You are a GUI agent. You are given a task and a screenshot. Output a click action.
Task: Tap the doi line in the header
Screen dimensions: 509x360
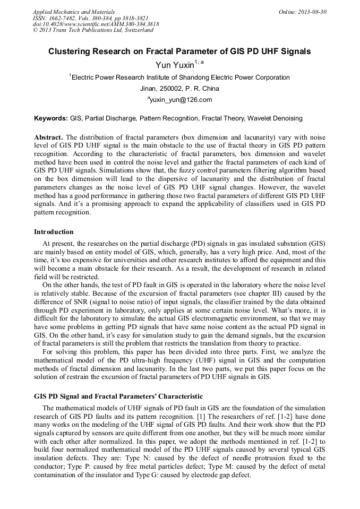point(96,24)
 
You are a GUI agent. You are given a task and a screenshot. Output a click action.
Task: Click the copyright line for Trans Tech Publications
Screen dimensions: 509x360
point(93,30)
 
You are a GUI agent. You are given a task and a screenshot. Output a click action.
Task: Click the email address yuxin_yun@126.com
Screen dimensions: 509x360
point(181,100)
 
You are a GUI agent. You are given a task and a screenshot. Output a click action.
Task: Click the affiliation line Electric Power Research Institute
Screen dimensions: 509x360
point(181,77)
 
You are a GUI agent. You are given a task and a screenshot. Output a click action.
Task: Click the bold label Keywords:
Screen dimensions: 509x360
point(51,118)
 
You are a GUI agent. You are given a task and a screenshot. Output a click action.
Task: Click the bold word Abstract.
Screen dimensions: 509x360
point(48,137)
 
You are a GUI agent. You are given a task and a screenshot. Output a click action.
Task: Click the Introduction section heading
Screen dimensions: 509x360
point(54,232)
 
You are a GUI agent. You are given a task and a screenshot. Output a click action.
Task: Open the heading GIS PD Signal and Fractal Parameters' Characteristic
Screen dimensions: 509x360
point(118,396)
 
